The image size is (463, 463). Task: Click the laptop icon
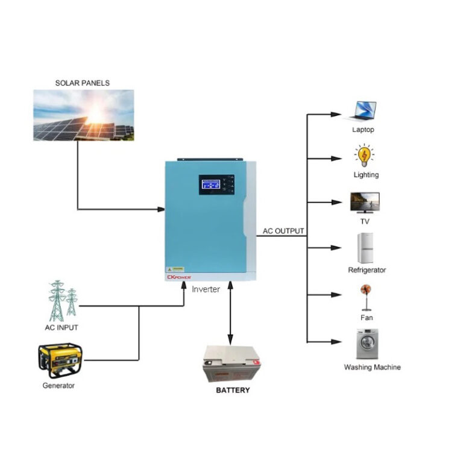click(x=363, y=111)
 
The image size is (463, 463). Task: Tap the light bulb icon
click(x=364, y=156)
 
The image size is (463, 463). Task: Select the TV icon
click(x=365, y=203)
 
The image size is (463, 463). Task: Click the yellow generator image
click(x=60, y=360)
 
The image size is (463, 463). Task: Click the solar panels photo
click(x=83, y=115)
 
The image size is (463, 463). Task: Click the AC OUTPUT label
click(x=283, y=231)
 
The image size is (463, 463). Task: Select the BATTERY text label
click(x=233, y=390)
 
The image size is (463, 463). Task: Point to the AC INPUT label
click(x=61, y=328)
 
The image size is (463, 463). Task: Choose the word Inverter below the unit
click(x=206, y=289)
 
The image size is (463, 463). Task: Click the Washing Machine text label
click(x=372, y=367)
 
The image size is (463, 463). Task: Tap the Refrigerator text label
click(x=367, y=270)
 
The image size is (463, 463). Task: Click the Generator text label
click(x=58, y=386)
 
